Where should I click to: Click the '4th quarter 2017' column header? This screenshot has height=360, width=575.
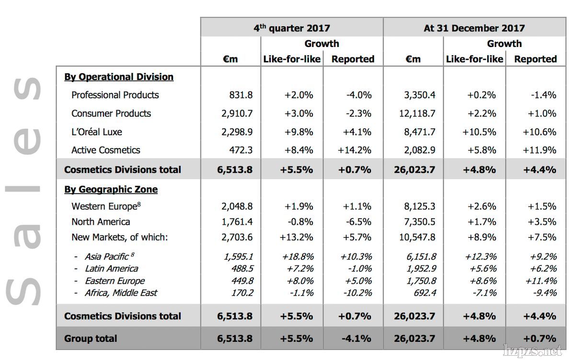point(291,28)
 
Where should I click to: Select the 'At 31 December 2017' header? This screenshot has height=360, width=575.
point(474,28)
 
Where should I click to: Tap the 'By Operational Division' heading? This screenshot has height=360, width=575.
point(119,77)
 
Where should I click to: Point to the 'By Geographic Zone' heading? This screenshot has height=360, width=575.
point(111,189)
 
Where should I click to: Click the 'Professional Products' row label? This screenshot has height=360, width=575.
point(115,95)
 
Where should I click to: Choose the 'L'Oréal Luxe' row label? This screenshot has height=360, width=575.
point(97,132)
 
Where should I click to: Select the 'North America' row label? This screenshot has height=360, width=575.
point(101,222)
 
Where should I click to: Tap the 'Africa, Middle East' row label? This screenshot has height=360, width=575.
point(121,293)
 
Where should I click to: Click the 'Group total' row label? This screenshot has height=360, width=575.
point(91,338)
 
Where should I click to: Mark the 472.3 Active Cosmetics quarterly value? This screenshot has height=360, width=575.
point(241,150)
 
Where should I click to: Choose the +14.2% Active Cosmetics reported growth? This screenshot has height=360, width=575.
point(354,150)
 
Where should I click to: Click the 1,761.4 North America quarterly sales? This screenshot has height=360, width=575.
point(237,222)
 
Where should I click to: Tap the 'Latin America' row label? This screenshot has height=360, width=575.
point(111,269)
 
